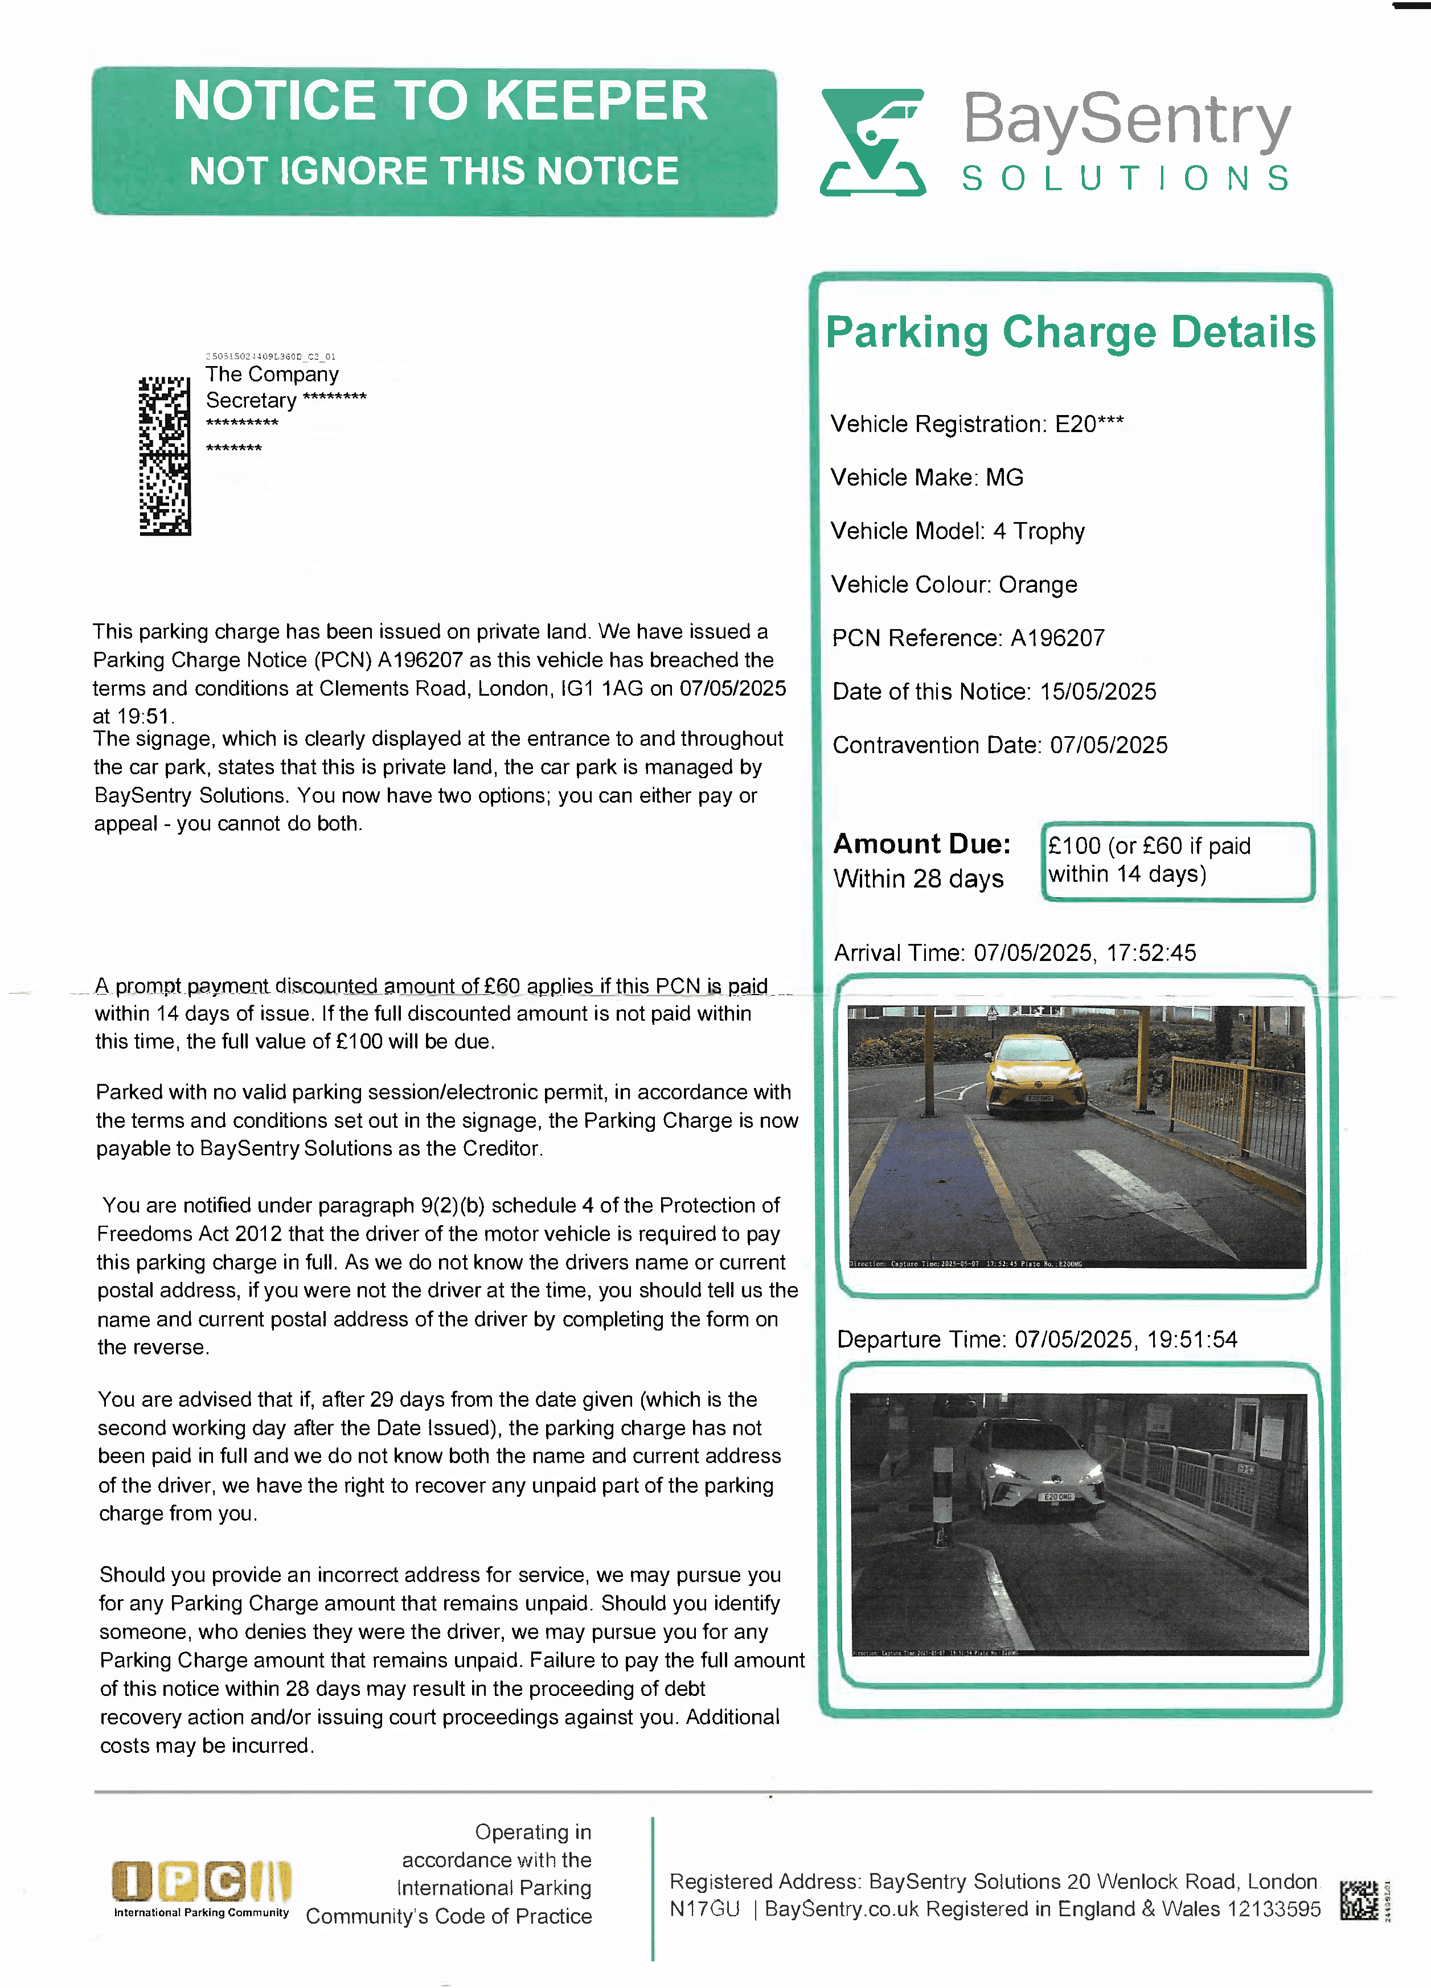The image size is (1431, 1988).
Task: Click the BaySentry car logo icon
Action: tap(872, 142)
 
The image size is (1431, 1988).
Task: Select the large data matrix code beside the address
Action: tap(165, 456)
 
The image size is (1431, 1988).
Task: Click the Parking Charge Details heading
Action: tap(1070, 333)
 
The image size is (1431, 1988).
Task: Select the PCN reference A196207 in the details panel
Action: tap(1057, 638)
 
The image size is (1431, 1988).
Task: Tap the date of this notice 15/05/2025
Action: tap(1098, 692)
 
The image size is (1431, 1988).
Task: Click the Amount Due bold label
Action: tap(921, 844)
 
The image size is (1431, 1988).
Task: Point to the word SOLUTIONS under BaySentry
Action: tap(1125, 179)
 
